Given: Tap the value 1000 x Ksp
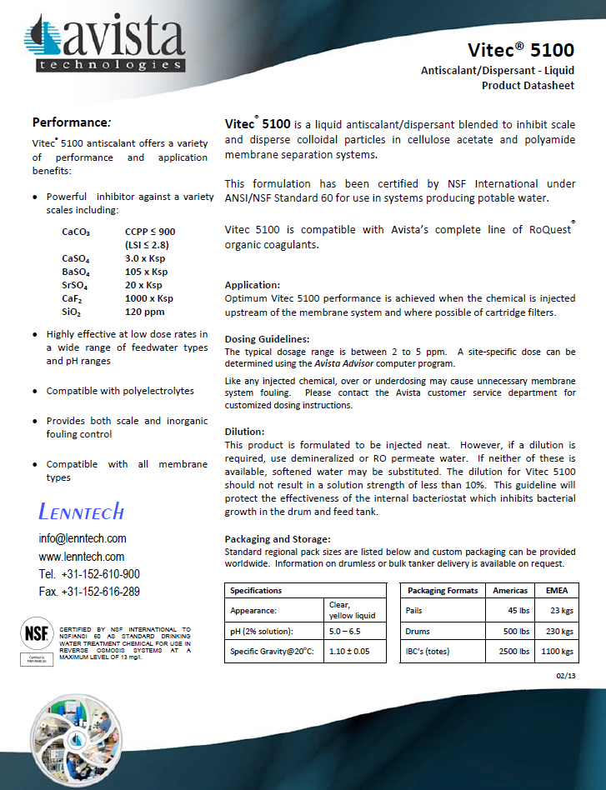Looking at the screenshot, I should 149,298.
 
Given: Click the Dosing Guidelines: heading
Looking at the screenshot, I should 267,339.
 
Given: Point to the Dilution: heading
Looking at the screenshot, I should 245,432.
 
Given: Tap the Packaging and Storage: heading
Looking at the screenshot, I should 278,539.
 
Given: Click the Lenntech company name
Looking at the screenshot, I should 82,510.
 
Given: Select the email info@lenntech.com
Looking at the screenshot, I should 83,538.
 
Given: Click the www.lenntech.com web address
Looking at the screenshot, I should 82,557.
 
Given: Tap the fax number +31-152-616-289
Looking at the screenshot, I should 89,592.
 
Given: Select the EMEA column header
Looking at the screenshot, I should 557,590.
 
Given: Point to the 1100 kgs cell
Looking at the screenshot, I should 556,651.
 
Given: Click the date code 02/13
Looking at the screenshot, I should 565,675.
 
